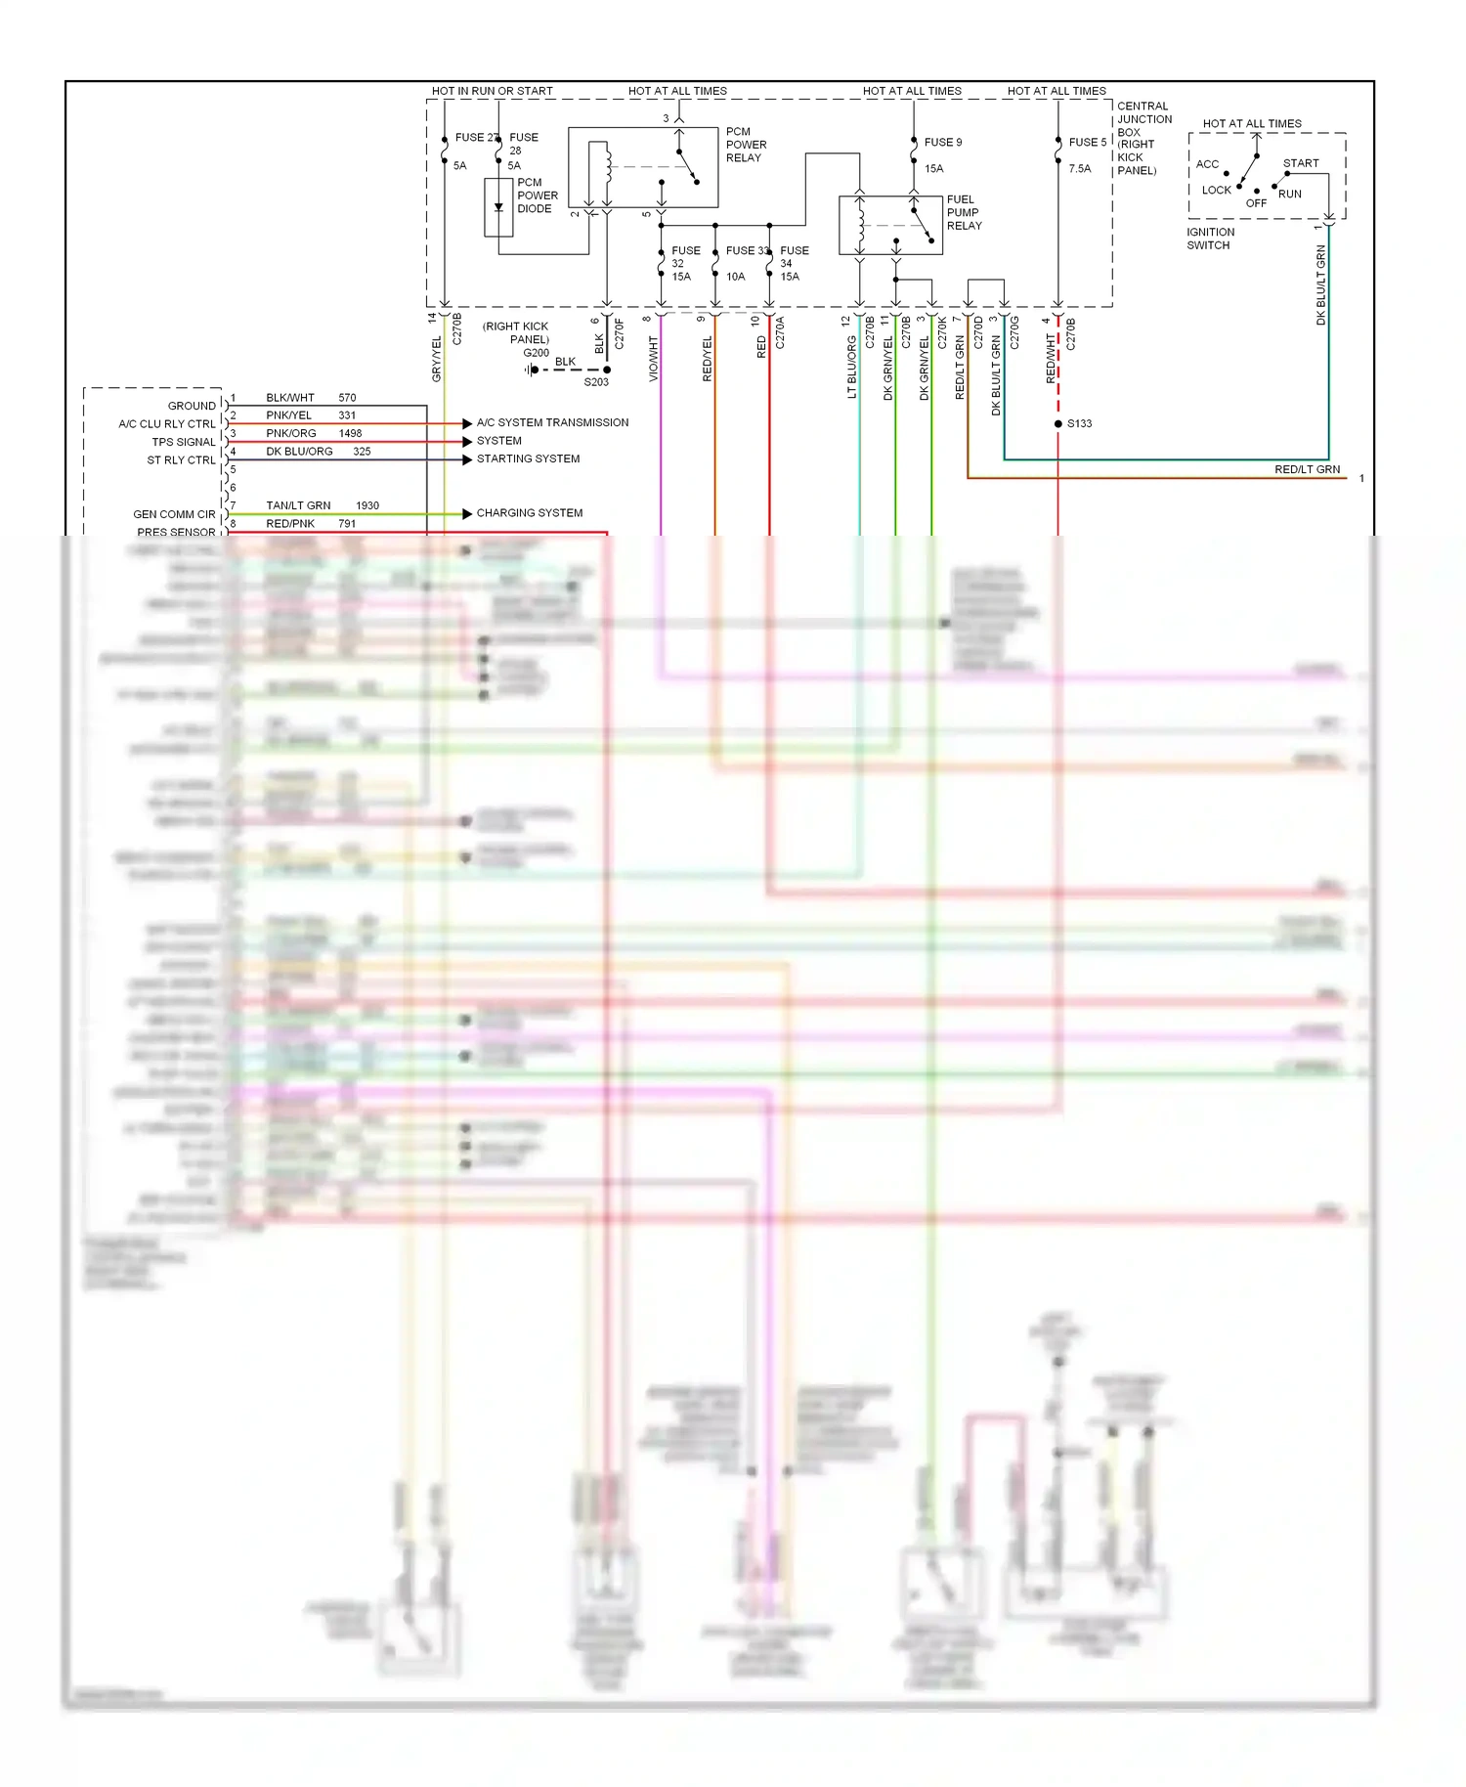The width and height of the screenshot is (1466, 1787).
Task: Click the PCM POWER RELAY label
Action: (746, 145)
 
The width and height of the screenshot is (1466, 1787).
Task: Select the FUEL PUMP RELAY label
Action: (964, 212)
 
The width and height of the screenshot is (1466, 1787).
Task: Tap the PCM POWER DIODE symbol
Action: (498, 206)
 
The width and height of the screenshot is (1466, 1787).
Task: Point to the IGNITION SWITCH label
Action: (1210, 239)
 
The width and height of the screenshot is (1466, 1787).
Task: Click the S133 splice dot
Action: (1058, 424)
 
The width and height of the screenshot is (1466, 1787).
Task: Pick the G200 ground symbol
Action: (532, 370)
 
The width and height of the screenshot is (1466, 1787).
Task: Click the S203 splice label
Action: (596, 382)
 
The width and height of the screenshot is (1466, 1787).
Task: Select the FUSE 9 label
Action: (942, 143)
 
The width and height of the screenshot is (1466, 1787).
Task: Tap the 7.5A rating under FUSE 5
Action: (1079, 169)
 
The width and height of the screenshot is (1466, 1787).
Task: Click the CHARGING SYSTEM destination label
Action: (529, 513)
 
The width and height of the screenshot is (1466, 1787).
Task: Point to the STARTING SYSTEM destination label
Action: (528, 459)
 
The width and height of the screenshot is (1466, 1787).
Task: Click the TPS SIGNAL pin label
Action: (183, 443)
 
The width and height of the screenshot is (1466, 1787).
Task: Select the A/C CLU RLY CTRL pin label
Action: (166, 424)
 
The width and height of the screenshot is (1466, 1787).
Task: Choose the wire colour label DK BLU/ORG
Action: (299, 452)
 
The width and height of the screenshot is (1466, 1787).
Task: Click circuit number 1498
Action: (350, 433)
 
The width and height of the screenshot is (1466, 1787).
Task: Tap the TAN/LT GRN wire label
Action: (298, 505)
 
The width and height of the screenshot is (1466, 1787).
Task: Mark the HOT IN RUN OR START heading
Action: (492, 91)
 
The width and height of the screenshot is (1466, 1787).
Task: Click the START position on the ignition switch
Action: (1300, 163)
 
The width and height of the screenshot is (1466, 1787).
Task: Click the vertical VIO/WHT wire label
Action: (654, 359)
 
